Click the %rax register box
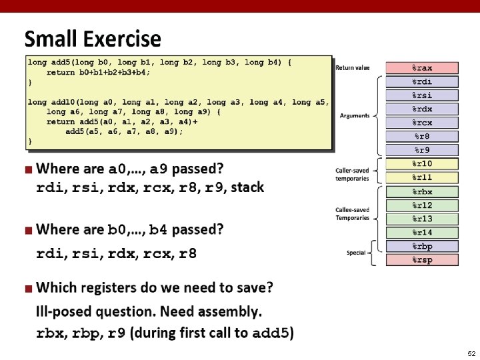(422, 68)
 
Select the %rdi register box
(422, 81)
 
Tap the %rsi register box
(422, 95)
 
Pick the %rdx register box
(422, 109)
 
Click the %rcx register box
(422, 123)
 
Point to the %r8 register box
(422, 136)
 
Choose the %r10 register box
(422, 164)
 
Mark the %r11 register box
(422, 177)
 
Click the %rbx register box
(422, 192)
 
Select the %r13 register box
(422, 219)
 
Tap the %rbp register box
(422, 246)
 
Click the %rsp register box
(422, 260)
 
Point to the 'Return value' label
(353, 68)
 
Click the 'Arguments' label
(355, 116)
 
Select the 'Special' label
(356, 253)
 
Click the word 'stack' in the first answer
(247, 187)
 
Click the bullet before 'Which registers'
(28, 289)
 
